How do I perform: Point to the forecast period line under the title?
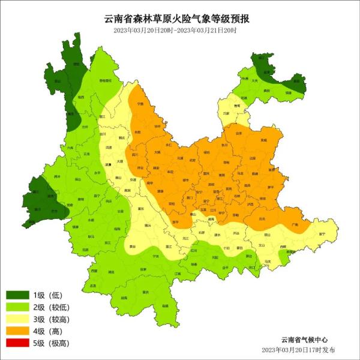(179, 30)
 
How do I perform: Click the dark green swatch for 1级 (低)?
(18, 295)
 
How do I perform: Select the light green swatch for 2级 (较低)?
(18, 307)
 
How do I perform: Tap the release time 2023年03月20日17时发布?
(298, 350)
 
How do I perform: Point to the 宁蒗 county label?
(140, 103)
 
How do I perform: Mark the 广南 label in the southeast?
(294, 224)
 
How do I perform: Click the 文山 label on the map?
(261, 245)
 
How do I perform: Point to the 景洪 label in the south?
(145, 292)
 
